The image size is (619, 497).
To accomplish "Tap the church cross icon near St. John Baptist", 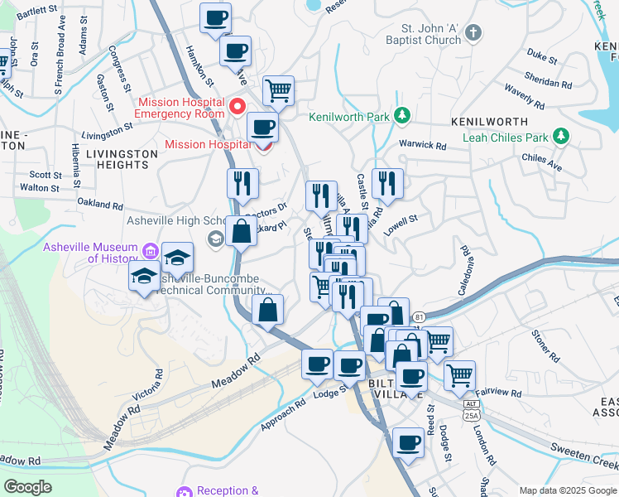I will (473, 33).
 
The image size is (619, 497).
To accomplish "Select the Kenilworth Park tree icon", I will (401, 115).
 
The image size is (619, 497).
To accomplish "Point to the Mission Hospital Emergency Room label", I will (180, 108).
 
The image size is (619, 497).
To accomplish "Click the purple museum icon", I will (151, 248).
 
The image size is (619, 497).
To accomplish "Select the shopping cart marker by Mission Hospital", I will (279, 89).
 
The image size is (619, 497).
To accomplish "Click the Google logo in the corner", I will (28, 487).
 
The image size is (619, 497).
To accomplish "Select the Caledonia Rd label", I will (464, 271).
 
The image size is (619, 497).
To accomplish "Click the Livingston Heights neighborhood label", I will (122, 159).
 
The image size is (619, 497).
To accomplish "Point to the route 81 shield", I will (420, 316).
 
